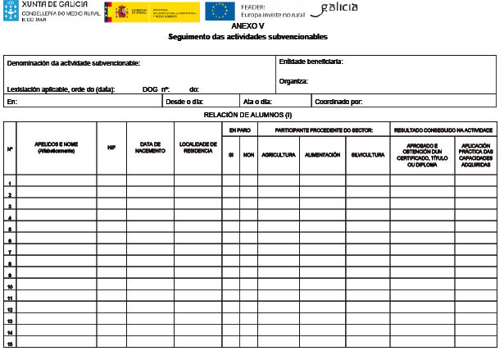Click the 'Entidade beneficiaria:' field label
tap(311, 62)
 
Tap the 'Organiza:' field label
tap(293, 81)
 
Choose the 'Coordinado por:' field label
tap(339, 103)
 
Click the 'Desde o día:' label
tap(184, 103)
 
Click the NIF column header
tap(111, 148)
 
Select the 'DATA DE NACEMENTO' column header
tap(150, 148)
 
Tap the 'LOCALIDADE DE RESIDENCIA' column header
tap(197, 148)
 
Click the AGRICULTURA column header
tap(279, 154)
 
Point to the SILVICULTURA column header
tap(366, 154)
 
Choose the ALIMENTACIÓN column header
tap(322, 154)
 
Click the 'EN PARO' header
tap(239, 130)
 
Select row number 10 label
tap(10, 287)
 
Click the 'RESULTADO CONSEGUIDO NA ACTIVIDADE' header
tap(443, 130)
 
